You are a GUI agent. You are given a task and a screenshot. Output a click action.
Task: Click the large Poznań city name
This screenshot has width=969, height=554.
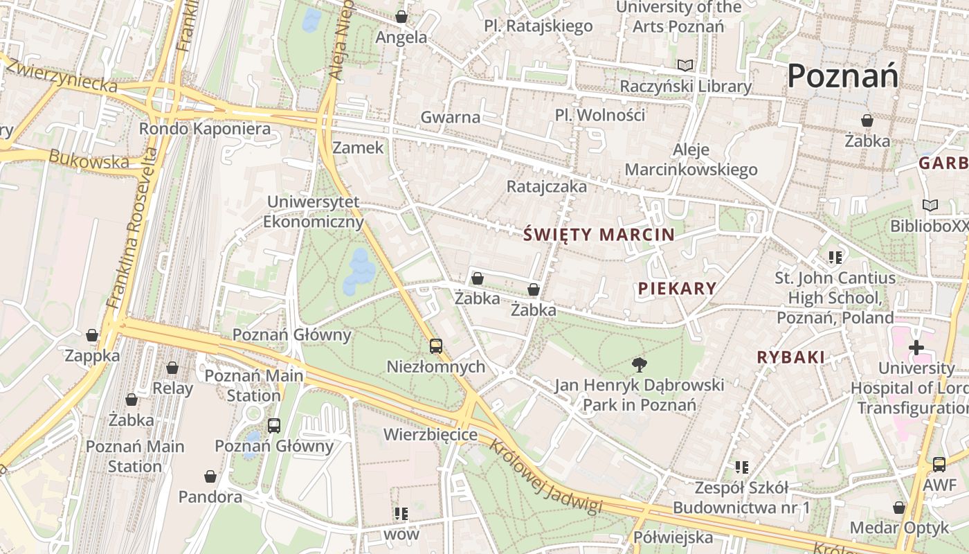842,75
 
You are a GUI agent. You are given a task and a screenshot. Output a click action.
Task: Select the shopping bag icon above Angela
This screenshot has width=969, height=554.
401,17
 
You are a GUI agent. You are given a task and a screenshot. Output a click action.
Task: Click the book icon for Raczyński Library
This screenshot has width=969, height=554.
685,65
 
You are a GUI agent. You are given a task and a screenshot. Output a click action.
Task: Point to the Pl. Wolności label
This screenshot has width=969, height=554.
599,115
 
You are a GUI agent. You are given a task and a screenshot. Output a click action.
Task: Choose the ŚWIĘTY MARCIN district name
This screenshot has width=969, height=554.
599,234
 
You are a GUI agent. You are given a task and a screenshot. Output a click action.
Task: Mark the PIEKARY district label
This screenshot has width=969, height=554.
677,288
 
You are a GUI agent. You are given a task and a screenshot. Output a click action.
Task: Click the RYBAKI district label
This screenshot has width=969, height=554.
791,357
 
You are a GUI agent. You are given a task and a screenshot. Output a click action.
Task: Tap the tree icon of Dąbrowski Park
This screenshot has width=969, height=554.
640,364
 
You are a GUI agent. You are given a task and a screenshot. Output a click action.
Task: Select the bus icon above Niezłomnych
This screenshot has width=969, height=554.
435,346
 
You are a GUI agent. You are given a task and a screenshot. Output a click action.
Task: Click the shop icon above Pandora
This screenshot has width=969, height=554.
210,476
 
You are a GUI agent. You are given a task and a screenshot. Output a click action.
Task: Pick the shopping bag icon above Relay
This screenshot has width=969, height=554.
172,368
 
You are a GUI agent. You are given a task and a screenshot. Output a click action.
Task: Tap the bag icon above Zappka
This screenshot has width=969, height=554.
92,336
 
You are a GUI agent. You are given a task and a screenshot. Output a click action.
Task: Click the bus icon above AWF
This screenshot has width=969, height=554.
939,465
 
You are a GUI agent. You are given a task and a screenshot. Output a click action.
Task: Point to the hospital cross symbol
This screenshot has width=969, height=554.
916,347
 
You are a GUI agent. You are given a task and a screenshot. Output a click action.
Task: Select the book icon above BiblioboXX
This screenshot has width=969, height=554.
930,206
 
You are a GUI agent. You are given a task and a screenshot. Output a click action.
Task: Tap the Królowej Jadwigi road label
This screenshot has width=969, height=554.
545,479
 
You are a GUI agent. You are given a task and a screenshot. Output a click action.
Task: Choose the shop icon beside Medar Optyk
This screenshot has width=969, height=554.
899,508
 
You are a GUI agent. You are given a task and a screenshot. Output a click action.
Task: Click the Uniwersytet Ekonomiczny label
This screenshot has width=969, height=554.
314,212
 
